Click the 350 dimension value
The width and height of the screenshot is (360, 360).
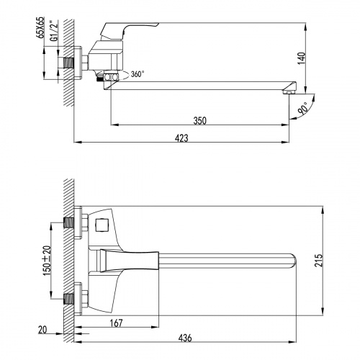tap(201, 120)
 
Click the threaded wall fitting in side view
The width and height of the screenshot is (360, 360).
tap(73, 63)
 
